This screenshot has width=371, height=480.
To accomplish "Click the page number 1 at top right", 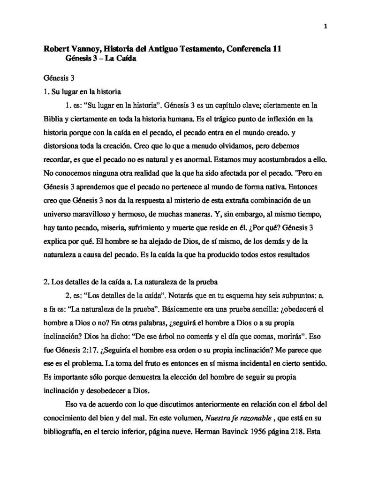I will [x=325, y=27].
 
